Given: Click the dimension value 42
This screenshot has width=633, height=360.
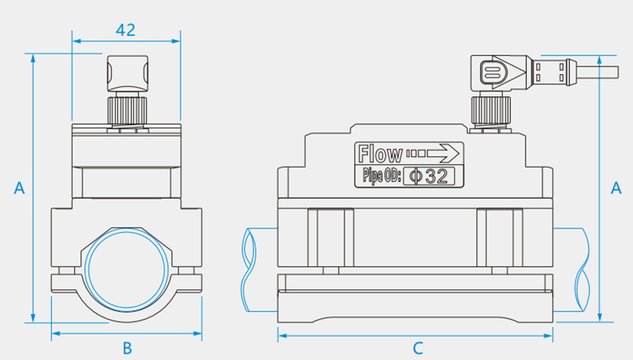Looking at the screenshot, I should [126, 30].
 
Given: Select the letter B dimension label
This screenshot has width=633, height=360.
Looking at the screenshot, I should [127, 347].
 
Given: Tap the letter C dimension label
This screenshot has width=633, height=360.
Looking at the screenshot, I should [417, 347].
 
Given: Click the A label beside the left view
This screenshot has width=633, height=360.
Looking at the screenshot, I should [20, 188].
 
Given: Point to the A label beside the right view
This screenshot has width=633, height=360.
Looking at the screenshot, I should [616, 188].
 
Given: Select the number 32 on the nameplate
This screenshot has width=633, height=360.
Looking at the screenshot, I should [436, 176].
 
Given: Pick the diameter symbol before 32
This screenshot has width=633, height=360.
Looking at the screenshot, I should [415, 176].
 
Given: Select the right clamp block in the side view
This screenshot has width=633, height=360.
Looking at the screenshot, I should [500, 236].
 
